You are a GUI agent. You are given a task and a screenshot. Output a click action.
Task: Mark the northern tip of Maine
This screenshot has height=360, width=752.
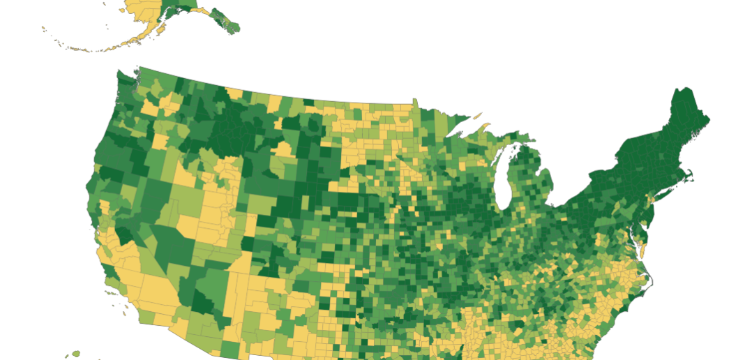(680, 89)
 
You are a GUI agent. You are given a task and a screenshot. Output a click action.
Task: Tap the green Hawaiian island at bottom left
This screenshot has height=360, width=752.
(75, 354)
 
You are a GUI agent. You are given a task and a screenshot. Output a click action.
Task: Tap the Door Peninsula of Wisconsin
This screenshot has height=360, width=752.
(511, 149)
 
